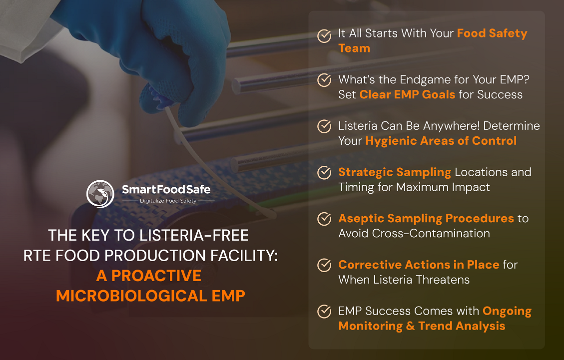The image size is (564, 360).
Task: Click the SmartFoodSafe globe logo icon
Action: [100, 194]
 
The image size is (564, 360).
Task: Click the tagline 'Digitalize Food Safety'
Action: [168, 201]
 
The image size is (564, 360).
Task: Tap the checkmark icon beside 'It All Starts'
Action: [324, 36]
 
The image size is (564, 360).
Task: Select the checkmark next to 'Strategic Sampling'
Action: [324, 173]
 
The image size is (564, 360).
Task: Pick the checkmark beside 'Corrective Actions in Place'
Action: [324, 265]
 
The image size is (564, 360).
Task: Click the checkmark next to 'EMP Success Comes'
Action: [324, 312]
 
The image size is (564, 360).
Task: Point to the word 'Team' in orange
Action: [354, 48]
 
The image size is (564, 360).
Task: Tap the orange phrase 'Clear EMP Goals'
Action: [407, 94]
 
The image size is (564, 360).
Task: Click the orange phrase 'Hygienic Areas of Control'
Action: [441, 141]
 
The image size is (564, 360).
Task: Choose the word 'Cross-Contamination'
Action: [431, 233]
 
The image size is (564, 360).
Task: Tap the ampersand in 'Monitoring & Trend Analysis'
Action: [410, 326]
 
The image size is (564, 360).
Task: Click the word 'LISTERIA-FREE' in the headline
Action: [194, 236]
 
